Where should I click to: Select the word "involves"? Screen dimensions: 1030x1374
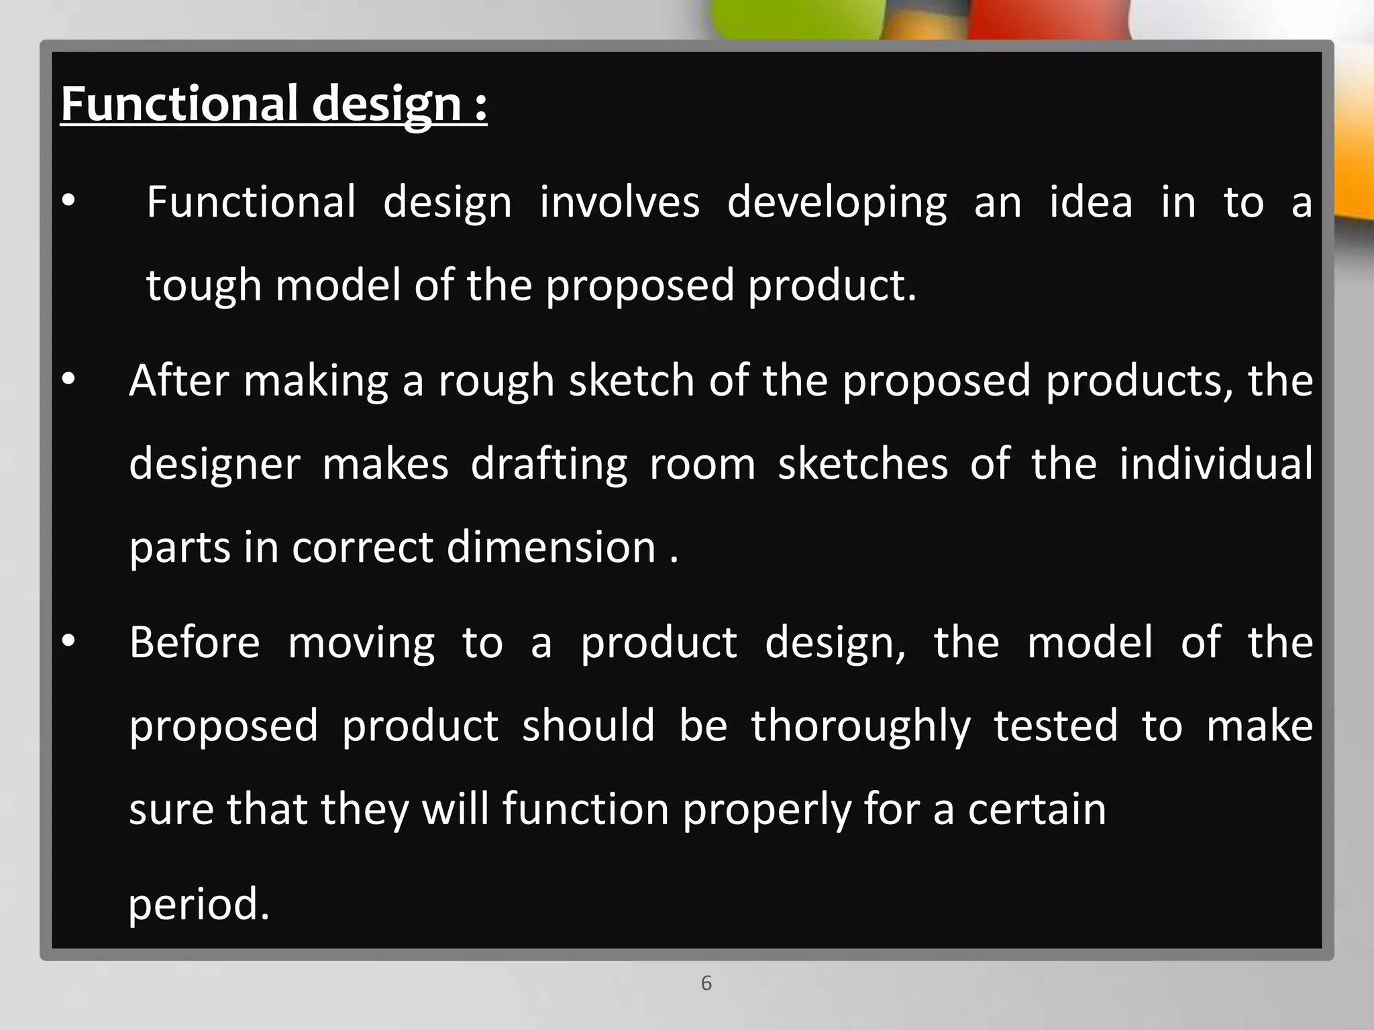(619, 202)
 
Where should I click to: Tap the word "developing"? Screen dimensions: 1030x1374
(837, 203)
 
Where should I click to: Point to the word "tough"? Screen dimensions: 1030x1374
(203, 286)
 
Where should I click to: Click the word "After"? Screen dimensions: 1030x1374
(179, 380)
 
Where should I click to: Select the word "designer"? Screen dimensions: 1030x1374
(215, 465)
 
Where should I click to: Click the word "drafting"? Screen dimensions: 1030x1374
(549, 465)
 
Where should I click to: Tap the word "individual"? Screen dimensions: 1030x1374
(1216, 463)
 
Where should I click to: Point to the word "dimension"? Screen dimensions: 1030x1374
(551, 547)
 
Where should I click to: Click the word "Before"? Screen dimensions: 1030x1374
(195, 642)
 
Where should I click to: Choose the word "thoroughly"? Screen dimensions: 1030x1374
(861, 727)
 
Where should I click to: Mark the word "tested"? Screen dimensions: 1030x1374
(1055, 726)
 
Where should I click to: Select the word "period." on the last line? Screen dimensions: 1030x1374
(199, 905)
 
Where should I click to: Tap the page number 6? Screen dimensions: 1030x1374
(706, 983)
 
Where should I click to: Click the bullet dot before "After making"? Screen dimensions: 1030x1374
(68, 380)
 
